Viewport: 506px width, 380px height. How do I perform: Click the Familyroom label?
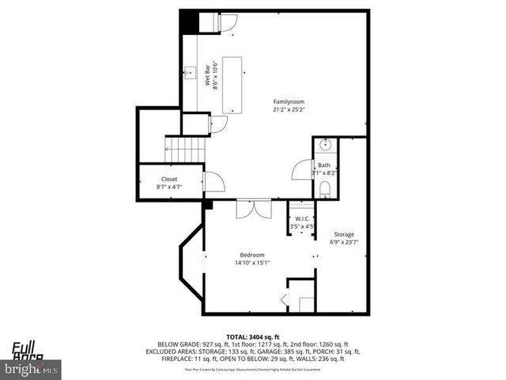click(x=289, y=102)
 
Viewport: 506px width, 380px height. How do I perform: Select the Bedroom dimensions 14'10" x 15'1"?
click(x=252, y=263)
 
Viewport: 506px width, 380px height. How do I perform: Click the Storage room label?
click(x=343, y=234)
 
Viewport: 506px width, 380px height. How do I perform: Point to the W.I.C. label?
click(x=302, y=218)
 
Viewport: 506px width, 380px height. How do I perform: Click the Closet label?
click(x=169, y=179)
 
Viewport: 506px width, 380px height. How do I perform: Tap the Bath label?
click(x=324, y=165)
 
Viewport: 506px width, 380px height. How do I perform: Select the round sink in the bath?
click(x=326, y=146)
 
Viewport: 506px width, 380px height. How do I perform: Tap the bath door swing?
click(x=303, y=170)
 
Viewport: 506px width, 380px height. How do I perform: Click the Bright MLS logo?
click(x=31, y=368)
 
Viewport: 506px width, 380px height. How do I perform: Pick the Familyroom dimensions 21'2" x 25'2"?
click(x=289, y=111)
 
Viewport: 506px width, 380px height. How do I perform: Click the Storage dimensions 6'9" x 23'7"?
click(x=343, y=243)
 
